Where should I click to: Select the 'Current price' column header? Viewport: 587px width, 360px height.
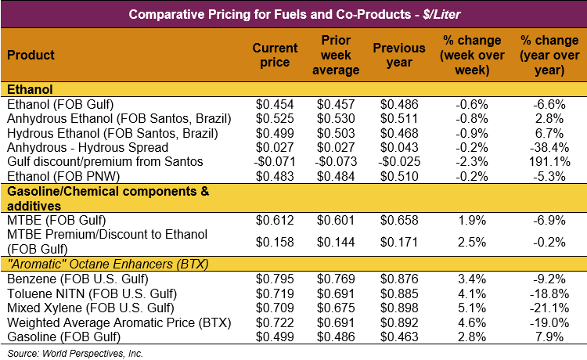[x=275, y=56]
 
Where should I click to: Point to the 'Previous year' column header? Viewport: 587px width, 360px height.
[x=401, y=56]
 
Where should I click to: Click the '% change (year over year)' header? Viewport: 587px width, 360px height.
[x=542, y=56]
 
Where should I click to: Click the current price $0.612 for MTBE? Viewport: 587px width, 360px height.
[x=275, y=221]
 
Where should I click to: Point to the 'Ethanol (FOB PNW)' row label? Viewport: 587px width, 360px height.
[x=56, y=175]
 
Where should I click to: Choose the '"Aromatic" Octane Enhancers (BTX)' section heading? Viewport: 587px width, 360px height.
[x=106, y=264]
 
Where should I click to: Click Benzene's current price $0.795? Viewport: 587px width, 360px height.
[x=275, y=279]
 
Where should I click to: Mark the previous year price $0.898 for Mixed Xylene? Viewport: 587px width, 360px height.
[x=400, y=307]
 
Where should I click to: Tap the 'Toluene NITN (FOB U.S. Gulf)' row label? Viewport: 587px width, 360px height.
[x=88, y=293]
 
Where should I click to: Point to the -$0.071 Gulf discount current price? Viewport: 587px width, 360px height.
[x=273, y=160]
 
